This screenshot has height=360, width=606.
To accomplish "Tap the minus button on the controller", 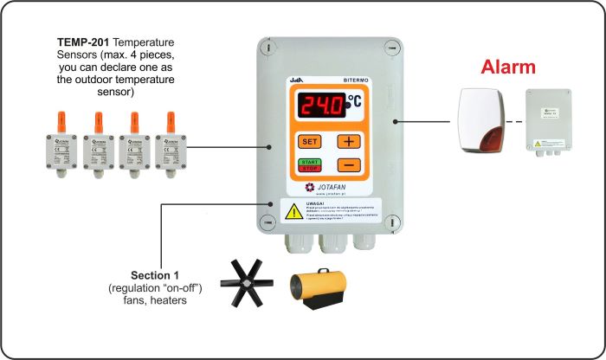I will coord(348,164).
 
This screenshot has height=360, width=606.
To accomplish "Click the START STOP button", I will coord(309,164).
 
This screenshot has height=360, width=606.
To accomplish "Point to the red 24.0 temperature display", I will coord(321,106).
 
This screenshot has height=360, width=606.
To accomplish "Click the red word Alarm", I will coord(508,67).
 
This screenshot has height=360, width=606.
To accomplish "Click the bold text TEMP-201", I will coord(82,42).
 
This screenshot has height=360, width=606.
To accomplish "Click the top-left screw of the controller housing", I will coord(271,48).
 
